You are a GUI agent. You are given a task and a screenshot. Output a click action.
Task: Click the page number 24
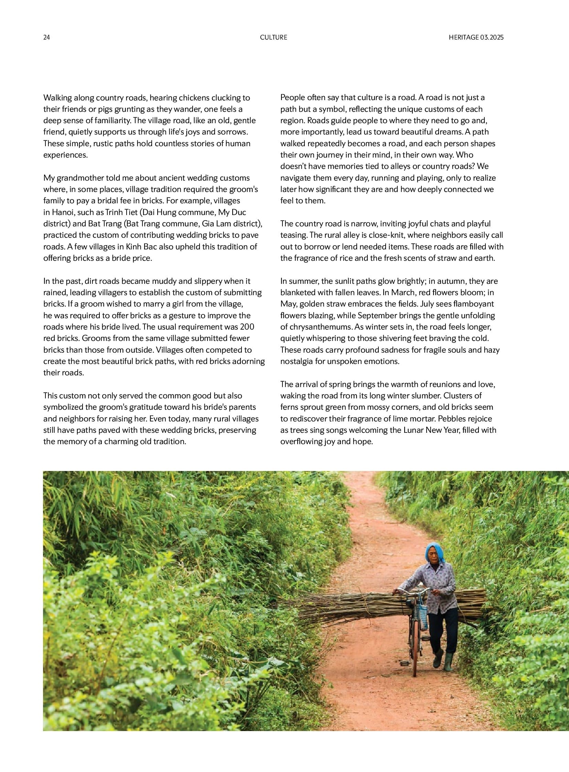click(46, 37)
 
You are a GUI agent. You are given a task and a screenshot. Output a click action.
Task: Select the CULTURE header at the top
click(273, 37)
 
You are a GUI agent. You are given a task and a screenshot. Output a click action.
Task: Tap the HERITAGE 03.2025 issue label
click(476, 37)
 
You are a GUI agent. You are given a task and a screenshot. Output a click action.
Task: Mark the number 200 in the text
click(247, 326)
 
